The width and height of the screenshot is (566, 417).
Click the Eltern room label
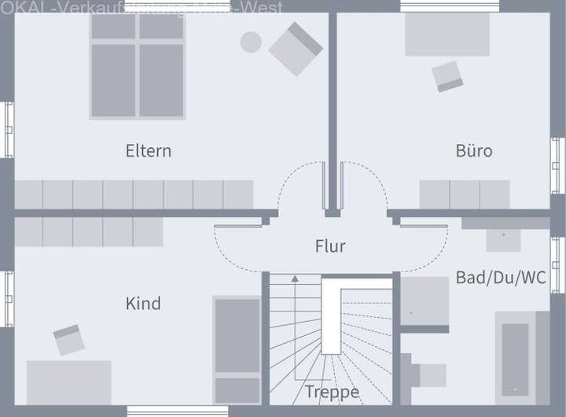(x=148, y=150)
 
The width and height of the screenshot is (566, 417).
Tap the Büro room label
(x=474, y=150)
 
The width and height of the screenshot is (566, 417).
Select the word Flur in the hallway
(x=330, y=246)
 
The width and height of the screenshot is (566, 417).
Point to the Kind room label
(x=143, y=303)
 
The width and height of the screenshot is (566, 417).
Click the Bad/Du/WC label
(x=501, y=278)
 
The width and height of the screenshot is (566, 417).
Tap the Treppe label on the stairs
(x=333, y=392)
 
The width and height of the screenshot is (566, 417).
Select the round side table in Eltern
(x=251, y=42)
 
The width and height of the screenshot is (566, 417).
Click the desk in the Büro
(x=447, y=35)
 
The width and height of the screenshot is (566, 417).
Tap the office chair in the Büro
(x=447, y=76)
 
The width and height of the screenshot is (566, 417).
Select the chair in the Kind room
(x=69, y=339)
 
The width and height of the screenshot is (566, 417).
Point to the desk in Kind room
(x=69, y=382)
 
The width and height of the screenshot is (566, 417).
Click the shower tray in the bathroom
(x=425, y=302)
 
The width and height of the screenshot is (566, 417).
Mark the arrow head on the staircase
(x=295, y=278)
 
